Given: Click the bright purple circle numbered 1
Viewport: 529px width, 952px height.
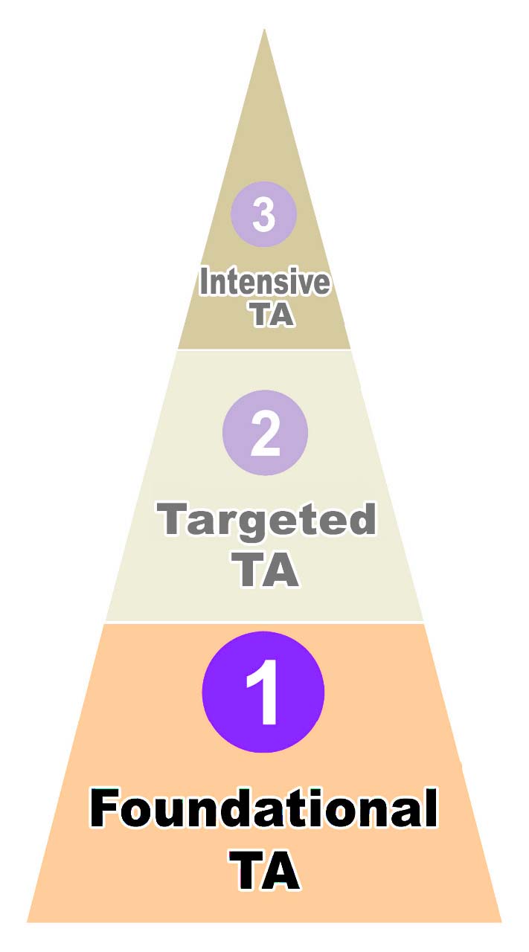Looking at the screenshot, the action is (x=263, y=692).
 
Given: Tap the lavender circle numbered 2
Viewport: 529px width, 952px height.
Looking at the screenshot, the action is (x=265, y=432).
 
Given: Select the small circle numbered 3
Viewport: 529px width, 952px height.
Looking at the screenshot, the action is (x=263, y=214).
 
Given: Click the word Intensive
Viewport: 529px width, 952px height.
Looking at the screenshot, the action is (x=264, y=283).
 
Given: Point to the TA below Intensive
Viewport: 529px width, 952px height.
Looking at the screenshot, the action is (x=271, y=315).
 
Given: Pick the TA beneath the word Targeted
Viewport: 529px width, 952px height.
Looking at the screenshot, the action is (x=267, y=570).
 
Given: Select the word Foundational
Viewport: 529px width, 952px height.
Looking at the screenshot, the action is (x=263, y=811).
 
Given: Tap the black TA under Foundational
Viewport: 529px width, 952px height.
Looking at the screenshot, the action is (x=265, y=871).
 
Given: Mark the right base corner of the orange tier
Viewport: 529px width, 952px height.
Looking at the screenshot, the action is (x=500, y=921).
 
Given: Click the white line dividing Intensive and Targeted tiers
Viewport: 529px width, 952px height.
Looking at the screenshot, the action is (x=264, y=349).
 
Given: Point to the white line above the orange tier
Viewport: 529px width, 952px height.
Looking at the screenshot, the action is (x=264, y=622).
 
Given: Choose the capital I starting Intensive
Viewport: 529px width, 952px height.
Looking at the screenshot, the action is (x=204, y=283).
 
